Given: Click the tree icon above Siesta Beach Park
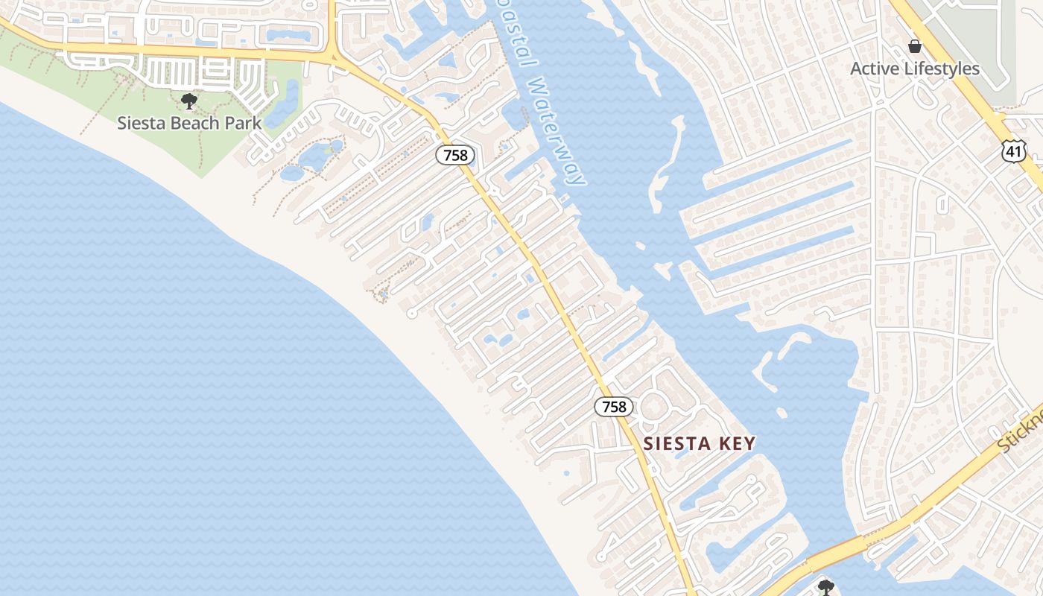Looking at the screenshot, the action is click(x=189, y=101).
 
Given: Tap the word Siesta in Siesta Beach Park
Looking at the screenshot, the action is click(x=142, y=123).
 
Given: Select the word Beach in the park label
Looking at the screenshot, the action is click(x=200, y=123).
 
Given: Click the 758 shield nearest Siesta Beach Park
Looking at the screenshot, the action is click(x=455, y=155).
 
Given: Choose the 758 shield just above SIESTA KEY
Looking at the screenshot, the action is click(x=614, y=407).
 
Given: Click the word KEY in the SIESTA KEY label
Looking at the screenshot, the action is click(x=738, y=444).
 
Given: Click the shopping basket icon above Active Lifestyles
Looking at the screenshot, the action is click(x=915, y=47).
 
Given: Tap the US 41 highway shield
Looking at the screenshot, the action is click(x=1014, y=151).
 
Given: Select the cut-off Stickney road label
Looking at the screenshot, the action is click(x=1022, y=432).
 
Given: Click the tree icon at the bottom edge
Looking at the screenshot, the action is click(x=825, y=587).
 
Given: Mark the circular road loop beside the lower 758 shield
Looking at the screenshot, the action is click(x=654, y=406).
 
